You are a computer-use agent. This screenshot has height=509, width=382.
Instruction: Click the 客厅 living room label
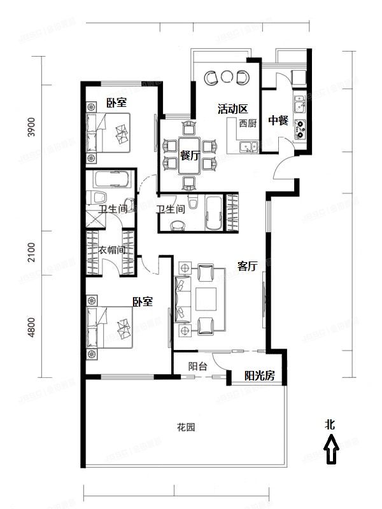pos(247,267)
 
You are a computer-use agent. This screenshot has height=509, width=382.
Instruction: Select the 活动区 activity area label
pos(232,109)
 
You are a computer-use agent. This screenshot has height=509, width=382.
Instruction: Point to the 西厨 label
pos(248,124)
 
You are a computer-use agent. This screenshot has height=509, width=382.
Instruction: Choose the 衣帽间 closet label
pos(111,251)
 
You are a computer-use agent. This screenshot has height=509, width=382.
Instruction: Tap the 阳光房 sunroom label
pos(260,376)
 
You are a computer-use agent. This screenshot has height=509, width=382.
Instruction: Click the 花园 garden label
pos(185,427)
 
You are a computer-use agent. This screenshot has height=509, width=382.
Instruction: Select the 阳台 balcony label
pos(197,366)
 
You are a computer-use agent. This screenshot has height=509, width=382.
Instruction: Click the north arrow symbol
pos(331,453)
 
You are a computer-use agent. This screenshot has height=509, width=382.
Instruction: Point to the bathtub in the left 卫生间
pos(111,179)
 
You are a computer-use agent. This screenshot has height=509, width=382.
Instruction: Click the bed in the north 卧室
pos(111,134)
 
